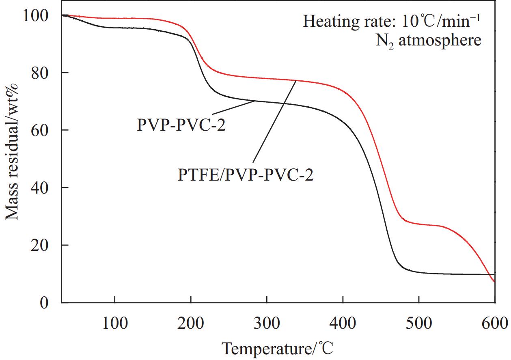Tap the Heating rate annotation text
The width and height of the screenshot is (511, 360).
click(x=392, y=21)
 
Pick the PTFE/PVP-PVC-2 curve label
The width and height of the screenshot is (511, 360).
click(x=246, y=176)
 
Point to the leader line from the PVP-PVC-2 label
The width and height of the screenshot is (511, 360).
click(x=233, y=107)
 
